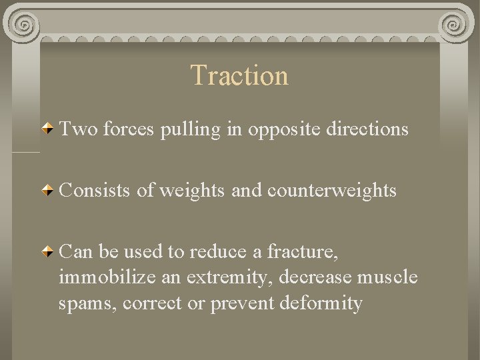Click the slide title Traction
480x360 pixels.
239,75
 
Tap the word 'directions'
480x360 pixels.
367,129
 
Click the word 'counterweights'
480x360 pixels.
331,191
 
